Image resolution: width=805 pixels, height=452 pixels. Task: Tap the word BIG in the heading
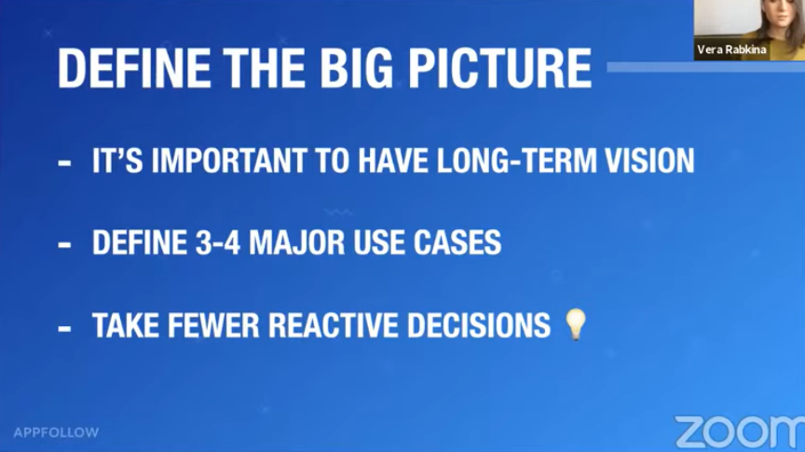tap(356, 68)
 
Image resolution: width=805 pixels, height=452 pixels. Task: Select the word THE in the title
tap(265, 68)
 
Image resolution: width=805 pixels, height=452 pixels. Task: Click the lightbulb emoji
tap(576, 324)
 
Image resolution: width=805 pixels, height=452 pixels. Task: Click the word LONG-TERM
tap(516, 160)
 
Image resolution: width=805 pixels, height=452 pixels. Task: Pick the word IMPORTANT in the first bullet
tap(229, 160)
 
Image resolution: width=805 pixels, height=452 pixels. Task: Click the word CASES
tap(457, 242)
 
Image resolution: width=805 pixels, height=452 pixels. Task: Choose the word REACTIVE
tap(334, 324)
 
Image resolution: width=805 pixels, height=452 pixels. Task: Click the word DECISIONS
tap(479, 324)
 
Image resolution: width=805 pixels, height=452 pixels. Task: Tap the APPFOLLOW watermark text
tap(57, 432)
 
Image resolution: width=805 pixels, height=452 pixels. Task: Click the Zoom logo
tap(740, 431)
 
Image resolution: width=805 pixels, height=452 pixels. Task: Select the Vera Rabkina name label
tap(731, 49)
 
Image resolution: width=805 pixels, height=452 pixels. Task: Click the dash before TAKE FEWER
tap(64, 327)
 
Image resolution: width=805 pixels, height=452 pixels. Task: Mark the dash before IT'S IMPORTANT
tap(64, 163)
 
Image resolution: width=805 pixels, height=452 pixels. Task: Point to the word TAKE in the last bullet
tap(126, 324)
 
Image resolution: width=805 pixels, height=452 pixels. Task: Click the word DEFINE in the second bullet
tap(139, 242)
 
